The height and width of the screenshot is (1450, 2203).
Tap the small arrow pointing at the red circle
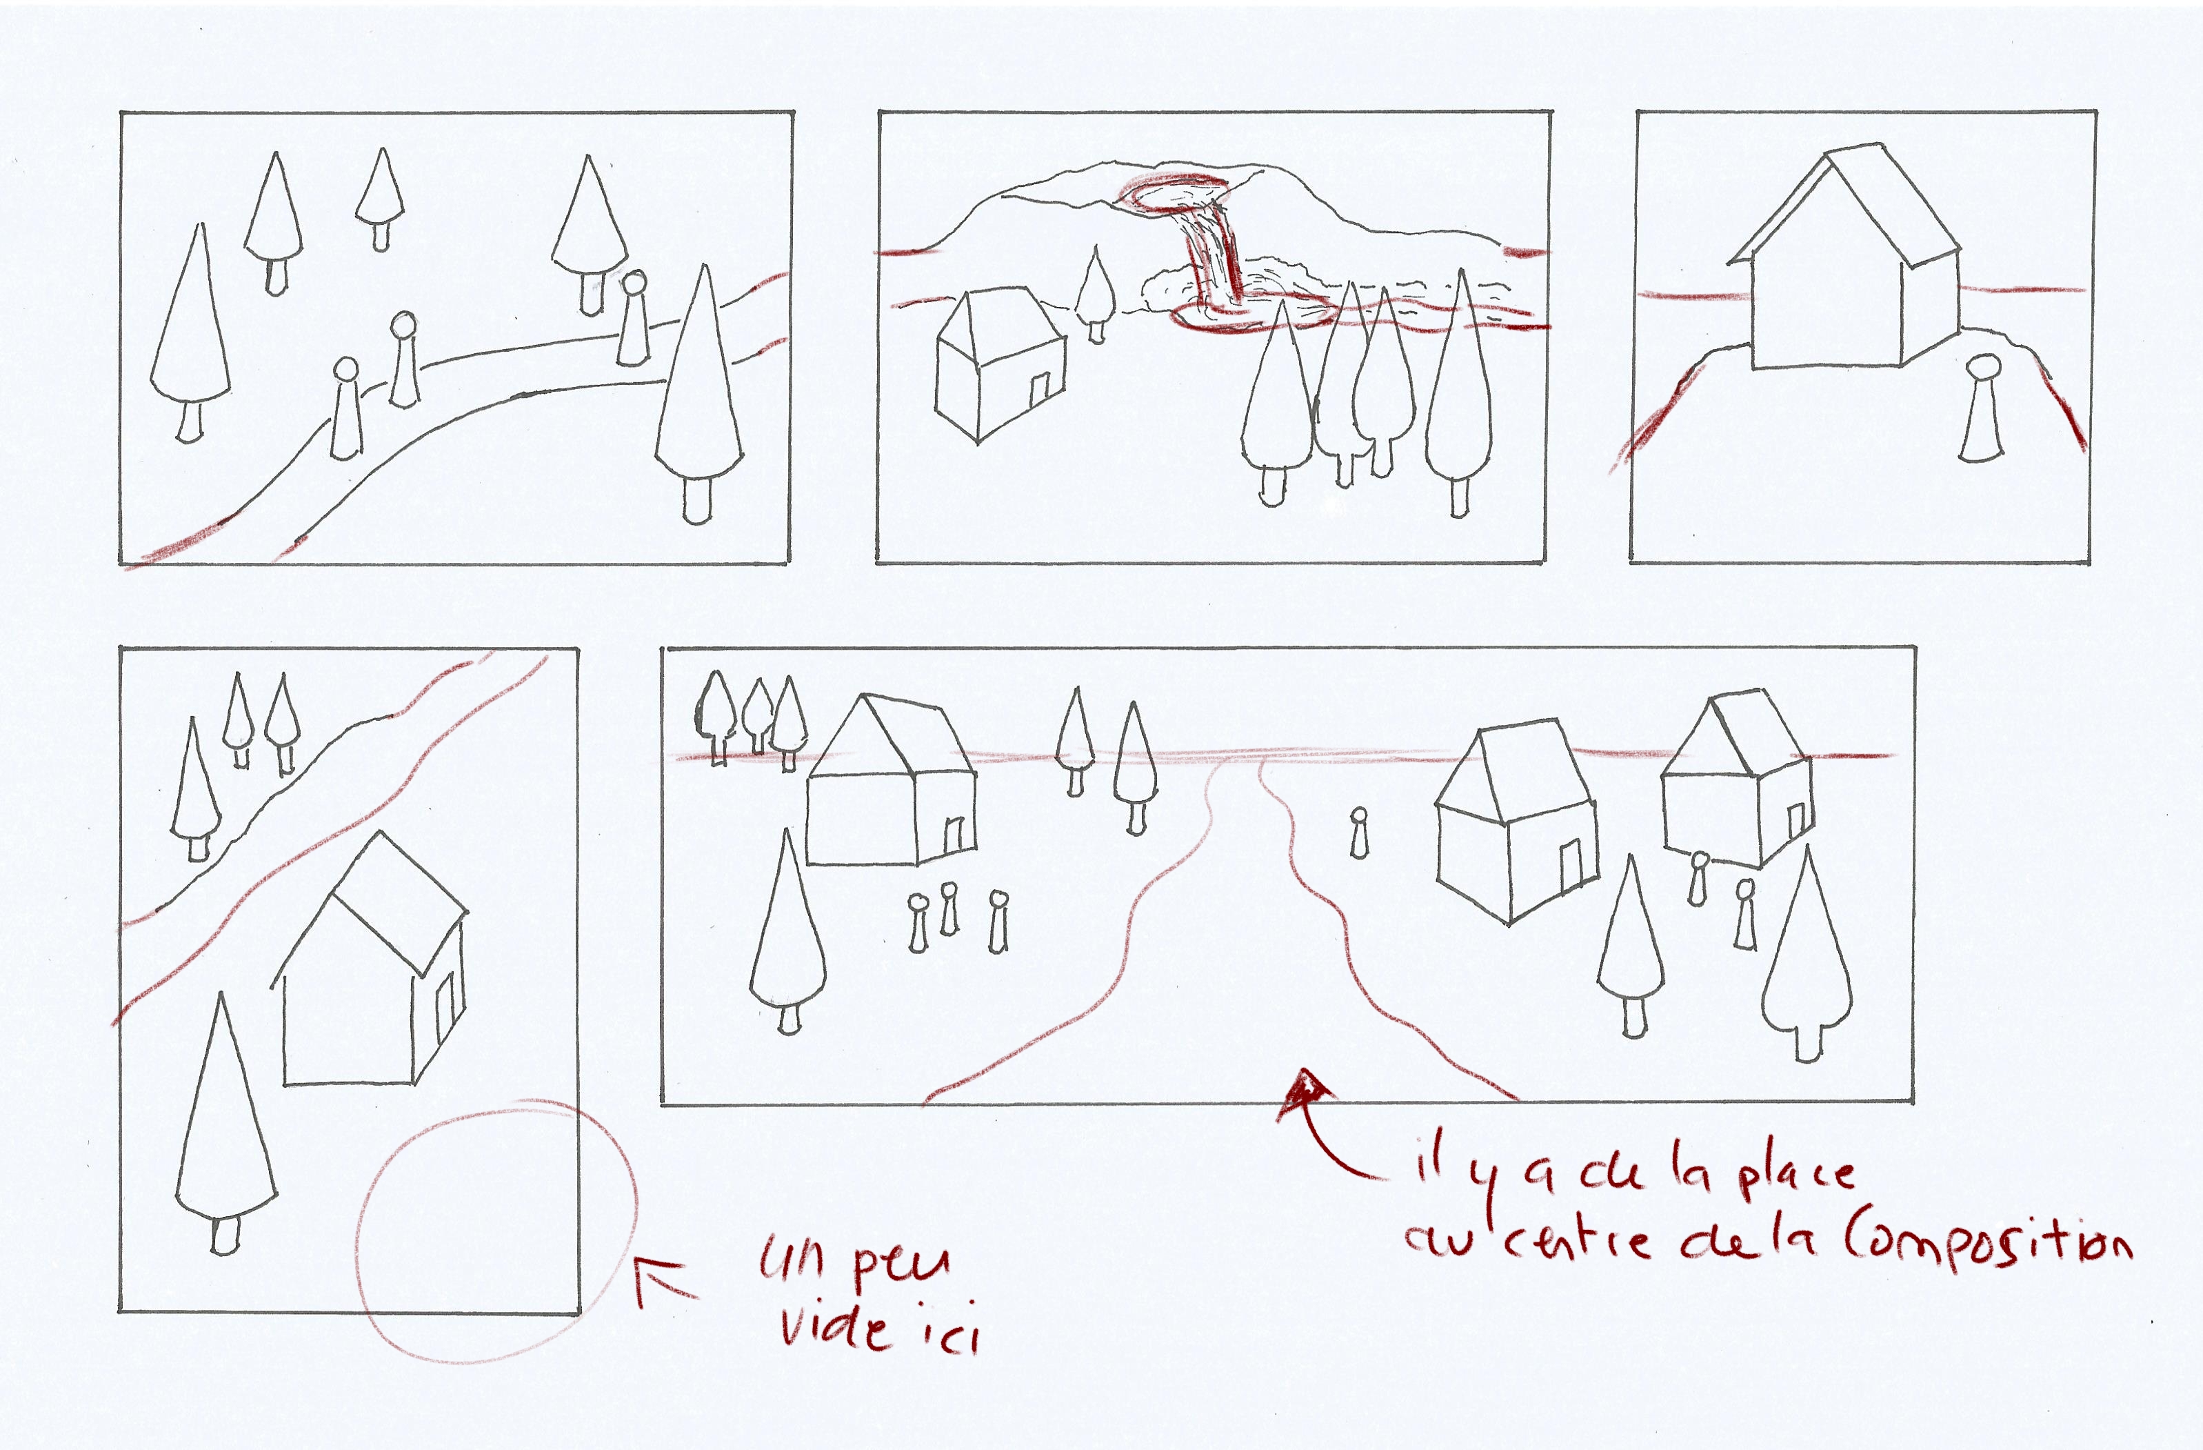click(x=664, y=1279)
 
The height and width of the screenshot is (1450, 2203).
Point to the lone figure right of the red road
click(x=1359, y=833)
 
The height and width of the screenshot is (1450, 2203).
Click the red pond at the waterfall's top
click(x=1173, y=195)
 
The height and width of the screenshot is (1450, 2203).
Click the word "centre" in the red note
click(x=1578, y=1241)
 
